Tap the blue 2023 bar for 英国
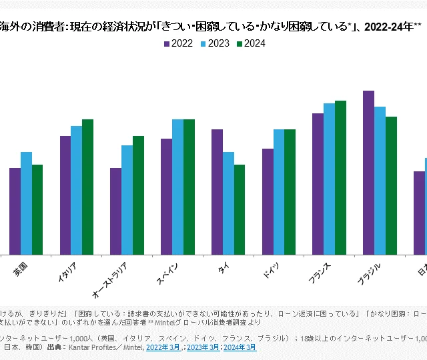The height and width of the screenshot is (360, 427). (x=26, y=203)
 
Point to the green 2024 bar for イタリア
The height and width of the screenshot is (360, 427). (x=87, y=187)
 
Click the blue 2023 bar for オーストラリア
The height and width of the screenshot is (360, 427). (x=127, y=199)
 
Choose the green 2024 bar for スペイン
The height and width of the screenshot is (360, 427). (x=189, y=187)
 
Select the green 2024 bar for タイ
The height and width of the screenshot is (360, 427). (x=240, y=209)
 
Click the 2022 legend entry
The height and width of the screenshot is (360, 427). (x=178, y=44)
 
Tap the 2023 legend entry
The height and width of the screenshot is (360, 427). (x=214, y=44)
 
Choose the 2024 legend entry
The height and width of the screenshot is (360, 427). (x=250, y=44)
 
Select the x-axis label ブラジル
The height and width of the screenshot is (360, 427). (x=370, y=275)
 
